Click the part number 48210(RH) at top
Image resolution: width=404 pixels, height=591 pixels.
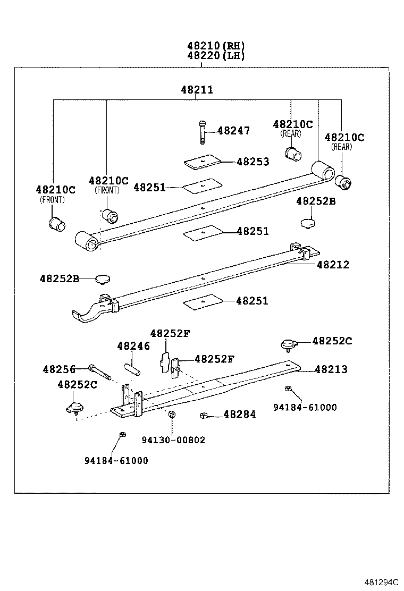(x=215, y=46)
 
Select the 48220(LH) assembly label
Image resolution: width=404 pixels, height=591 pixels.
(x=215, y=56)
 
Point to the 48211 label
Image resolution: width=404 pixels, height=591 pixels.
(x=197, y=90)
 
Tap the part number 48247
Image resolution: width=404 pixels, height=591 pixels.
(x=233, y=131)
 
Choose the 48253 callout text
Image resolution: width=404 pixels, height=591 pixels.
(x=252, y=162)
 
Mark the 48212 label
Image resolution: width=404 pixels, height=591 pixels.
(x=333, y=265)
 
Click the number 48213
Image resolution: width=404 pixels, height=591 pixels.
(x=331, y=369)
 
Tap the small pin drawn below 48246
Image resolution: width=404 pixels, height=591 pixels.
(x=131, y=368)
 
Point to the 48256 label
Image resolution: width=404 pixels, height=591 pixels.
(x=59, y=369)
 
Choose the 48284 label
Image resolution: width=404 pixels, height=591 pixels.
(x=239, y=414)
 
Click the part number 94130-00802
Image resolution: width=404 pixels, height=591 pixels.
(x=173, y=440)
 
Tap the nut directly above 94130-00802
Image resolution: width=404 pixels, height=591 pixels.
(x=172, y=415)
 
